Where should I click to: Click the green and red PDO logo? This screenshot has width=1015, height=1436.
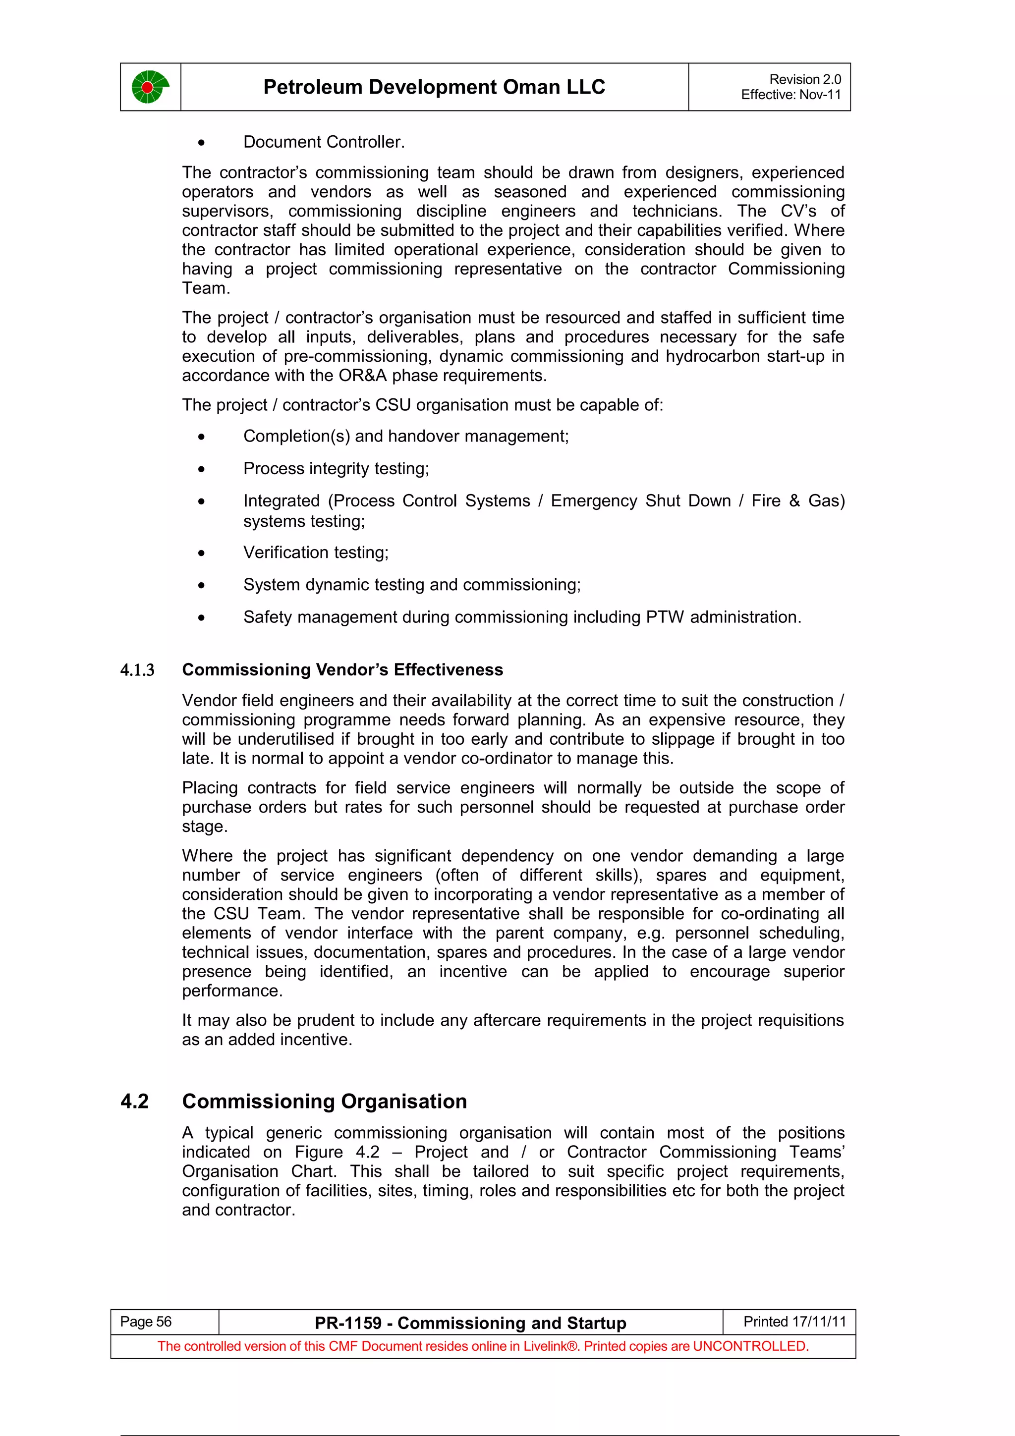(150, 87)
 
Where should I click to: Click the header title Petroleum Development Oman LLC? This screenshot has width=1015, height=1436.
(434, 87)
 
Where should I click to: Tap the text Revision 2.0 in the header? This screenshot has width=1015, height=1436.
(804, 79)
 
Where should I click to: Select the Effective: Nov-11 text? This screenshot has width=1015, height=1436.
(790, 95)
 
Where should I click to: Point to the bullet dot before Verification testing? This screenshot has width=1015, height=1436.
(201, 553)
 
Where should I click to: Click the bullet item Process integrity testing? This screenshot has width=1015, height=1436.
(336, 468)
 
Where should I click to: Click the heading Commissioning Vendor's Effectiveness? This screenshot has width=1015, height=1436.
(342, 670)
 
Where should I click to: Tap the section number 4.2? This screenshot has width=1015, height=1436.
(134, 1102)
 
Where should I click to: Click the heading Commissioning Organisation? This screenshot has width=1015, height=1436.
(324, 1102)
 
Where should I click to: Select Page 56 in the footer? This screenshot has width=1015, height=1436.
(146, 1322)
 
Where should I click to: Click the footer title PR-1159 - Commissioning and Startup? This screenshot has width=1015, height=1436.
(470, 1323)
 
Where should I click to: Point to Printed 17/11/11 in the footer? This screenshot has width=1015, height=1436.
(794, 1322)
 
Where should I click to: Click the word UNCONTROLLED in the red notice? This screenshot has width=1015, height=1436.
(750, 1346)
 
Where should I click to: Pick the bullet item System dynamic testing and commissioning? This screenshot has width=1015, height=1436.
(411, 585)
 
